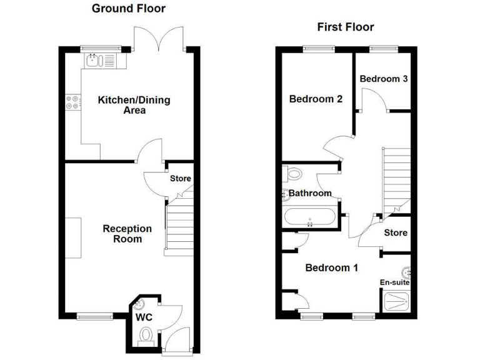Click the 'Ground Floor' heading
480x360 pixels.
(129, 9)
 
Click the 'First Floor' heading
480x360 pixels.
(345, 27)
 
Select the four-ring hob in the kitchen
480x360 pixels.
(71, 102)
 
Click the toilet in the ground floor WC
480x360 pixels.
(146, 336)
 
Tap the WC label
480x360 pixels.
(144, 317)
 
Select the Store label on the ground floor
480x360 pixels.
(181, 179)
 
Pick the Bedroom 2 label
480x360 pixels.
(316, 99)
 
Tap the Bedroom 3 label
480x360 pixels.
(384, 79)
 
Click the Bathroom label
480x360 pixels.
(310, 193)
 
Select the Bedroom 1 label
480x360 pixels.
(331, 267)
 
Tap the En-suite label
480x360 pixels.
(395, 282)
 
